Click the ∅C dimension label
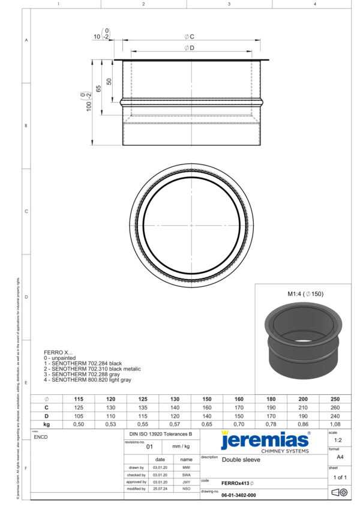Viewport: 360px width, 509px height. point(189,37)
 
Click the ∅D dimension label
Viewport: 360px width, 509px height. point(189,47)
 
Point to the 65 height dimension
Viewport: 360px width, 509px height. point(98,88)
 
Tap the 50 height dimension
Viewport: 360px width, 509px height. point(109,81)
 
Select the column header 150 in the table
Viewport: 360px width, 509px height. point(207,399)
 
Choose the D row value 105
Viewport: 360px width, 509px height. point(79,415)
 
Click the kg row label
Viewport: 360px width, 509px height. point(46,424)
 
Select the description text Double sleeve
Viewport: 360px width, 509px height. point(241,460)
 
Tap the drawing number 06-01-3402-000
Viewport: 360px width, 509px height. point(238,495)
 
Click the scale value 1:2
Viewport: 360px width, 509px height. point(338,440)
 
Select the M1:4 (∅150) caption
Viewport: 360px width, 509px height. point(305,294)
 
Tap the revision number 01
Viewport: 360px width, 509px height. point(151,447)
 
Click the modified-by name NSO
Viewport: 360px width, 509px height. point(186,489)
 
